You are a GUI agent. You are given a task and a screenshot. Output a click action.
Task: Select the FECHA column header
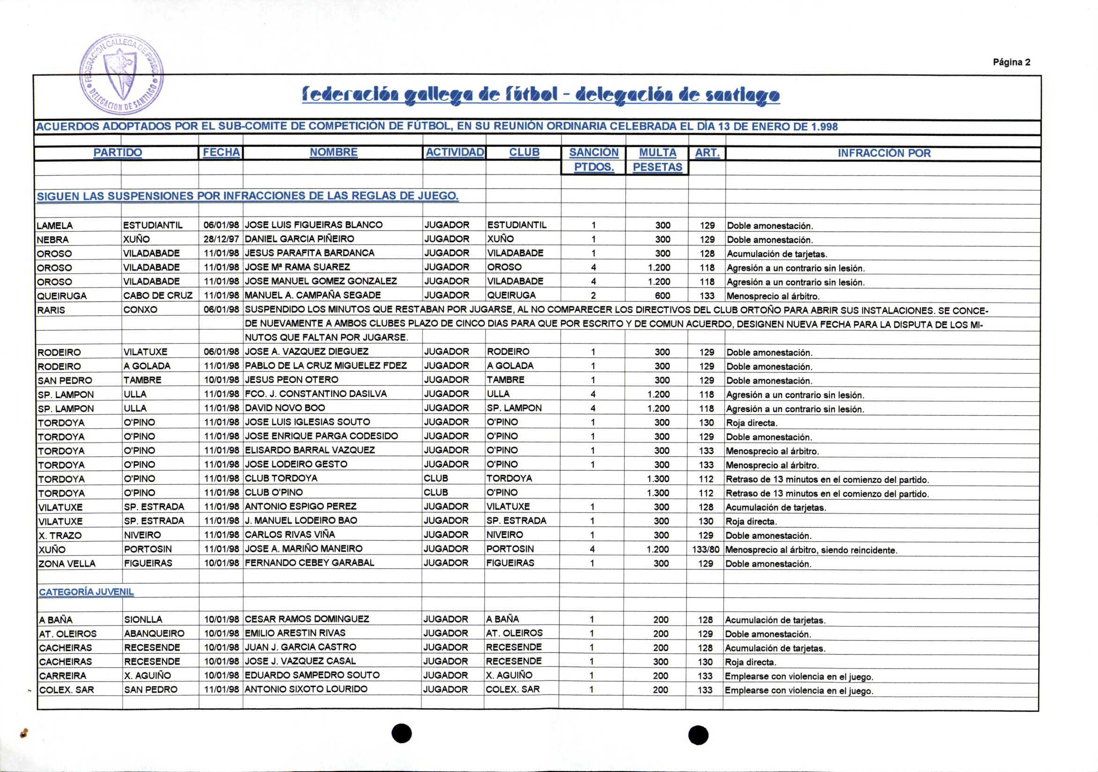pyautogui.click(x=221, y=153)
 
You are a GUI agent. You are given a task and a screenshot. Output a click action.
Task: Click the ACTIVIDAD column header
pyautogui.click(x=454, y=153)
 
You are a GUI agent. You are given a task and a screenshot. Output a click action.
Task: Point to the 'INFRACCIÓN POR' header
pyautogui.click(x=884, y=153)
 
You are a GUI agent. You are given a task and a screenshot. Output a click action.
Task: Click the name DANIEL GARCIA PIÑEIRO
pyautogui.click(x=299, y=239)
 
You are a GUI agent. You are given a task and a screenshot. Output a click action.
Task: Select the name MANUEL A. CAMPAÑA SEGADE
pyautogui.click(x=313, y=295)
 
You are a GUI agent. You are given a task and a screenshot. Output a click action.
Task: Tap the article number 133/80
pyautogui.click(x=705, y=549)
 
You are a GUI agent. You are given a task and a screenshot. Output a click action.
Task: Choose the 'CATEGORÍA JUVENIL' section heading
pyautogui.click(x=86, y=592)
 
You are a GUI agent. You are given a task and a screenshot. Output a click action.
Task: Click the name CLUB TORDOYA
pyautogui.click(x=281, y=478)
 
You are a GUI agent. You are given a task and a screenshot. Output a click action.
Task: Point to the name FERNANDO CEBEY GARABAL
pyautogui.click(x=310, y=563)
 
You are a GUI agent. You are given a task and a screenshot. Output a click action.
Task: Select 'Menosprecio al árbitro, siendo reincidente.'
pyautogui.click(x=811, y=550)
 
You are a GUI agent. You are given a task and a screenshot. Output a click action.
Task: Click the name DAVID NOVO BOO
pyautogui.click(x=284, y=408)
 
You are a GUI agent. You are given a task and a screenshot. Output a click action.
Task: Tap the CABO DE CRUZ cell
pyautogui.click(x=158, y=296)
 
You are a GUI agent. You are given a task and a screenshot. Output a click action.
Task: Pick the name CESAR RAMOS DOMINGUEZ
pyautogui.click(x=306, y=619)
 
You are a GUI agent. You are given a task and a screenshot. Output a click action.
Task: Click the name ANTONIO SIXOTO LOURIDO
pyautogui.click(x=306, y=689)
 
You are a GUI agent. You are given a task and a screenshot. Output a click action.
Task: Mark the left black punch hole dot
pyautogui.click(x=402, y=733)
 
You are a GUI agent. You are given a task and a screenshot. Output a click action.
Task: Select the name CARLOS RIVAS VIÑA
pyautogui.click(x=290, y=535)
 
